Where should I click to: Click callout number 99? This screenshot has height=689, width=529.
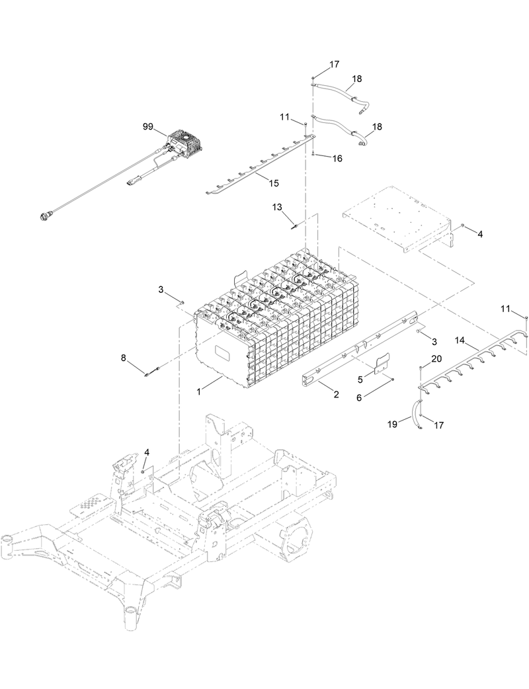pyautogui.click(x=147, y=126)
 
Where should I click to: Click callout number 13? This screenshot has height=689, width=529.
pyautogui.click(x=277, y=207)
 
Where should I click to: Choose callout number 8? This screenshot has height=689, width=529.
pyautogui.click(x=123, y=358)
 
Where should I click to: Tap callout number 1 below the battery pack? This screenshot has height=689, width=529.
pyautogui.click(x=199, y=391)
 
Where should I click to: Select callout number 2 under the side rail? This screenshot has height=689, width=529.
pyautogui.click(x=336, y=395)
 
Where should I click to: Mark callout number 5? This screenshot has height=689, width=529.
pyautogui.click(x=360, y=380)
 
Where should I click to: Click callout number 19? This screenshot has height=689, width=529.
pyautogui.click(x=392, y=424)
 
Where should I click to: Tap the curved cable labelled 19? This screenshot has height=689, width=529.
pyautogui.click(x=417, y=413)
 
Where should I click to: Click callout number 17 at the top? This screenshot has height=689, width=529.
pyautogui.click(x=334, y=65)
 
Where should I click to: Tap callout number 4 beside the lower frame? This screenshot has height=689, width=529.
pyautogui.click(x=147, y=452)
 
